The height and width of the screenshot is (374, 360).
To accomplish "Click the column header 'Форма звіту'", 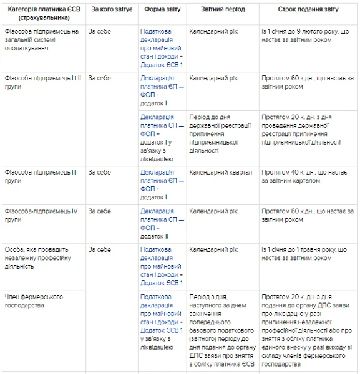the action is pos(163,10).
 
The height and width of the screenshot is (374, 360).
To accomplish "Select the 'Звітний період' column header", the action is pos(223,10).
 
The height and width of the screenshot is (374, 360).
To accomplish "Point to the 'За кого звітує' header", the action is pos(112,10).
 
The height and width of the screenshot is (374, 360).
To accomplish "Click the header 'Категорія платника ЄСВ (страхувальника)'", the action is pos(43,14).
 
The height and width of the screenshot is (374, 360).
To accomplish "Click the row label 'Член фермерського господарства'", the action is pos(34,301).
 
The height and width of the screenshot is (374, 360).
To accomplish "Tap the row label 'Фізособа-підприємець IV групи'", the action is pos(41,215).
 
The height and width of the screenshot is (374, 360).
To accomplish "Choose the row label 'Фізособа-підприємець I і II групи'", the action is pos(43,82).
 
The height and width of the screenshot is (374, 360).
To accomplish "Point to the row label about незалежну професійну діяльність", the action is pos(37,257).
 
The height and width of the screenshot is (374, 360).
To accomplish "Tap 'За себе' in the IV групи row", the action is pos(100,211).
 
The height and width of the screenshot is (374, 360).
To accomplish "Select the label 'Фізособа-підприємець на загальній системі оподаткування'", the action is pos(42,39).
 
